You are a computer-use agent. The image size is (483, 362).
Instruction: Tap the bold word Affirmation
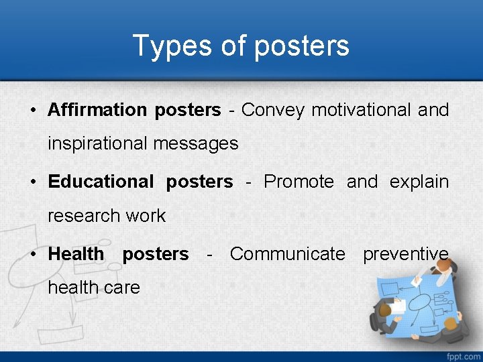97,110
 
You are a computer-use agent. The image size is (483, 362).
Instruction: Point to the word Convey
272,111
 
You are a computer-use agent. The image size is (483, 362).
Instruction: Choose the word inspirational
97,143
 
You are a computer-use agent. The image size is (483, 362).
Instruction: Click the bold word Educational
101,182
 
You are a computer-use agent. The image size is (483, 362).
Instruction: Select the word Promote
299,182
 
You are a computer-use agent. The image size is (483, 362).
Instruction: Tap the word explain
419,182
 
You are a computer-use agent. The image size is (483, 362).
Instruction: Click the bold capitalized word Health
76,254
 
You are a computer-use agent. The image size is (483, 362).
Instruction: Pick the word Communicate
287,254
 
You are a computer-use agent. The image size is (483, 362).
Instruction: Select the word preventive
405,254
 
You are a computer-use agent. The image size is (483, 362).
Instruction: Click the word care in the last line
125,288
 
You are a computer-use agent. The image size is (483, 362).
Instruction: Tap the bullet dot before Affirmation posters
32,111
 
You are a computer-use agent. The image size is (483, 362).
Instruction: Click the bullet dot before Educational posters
32,182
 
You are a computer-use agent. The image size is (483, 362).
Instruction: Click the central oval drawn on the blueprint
420,302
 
